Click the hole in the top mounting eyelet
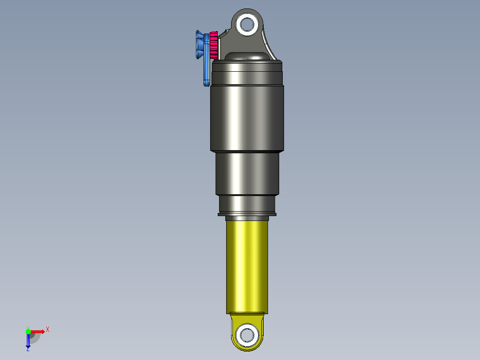tap(247, 24)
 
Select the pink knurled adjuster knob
tap(213, 45)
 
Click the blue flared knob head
tap(198, 45)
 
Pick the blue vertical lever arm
tap(207, 67)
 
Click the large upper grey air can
tap(246, 111)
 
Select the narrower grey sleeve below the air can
tap(248, 174)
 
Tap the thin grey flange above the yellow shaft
tap(247, 214)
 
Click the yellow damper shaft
tap(247, 267)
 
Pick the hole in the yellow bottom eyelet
tap(247, 334)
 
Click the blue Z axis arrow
tap(28, 341)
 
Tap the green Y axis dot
tap(28, 331)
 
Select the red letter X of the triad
tap(48, 329)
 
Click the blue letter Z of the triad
tap(28, 349)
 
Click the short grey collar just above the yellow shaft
tap(247, 218)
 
